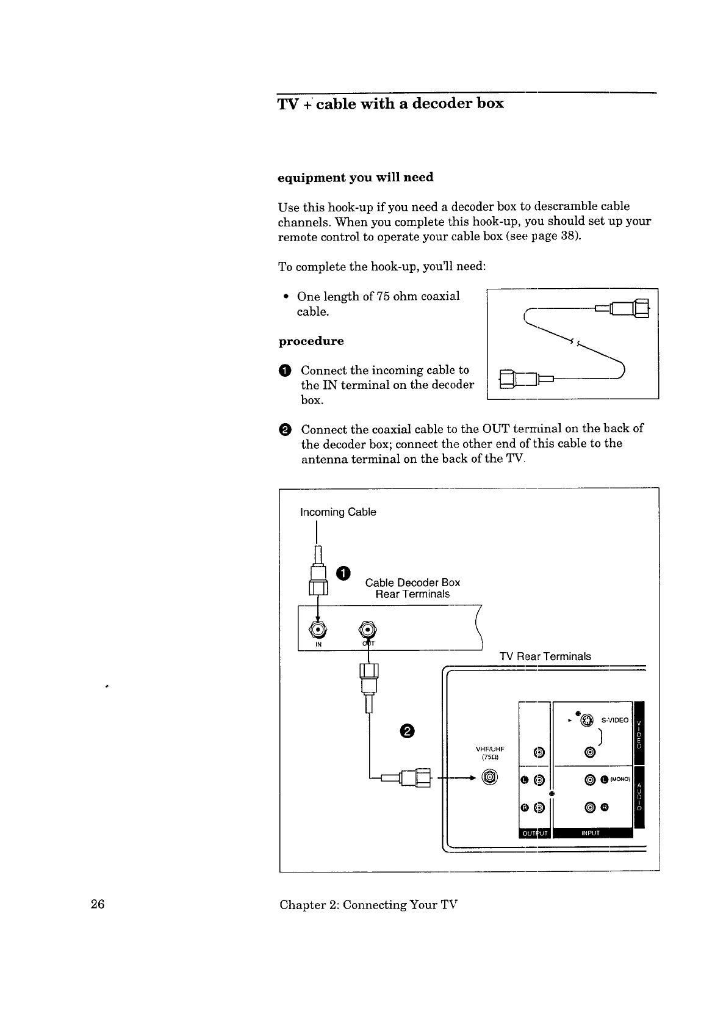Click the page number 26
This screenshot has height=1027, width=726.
pos(98,904)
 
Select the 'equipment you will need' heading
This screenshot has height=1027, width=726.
pos(356,178)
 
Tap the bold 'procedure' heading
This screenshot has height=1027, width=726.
pos(311,341)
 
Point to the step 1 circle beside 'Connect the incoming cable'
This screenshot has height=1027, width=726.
pos(284,371)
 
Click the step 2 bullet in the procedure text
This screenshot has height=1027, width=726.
pos(284,430)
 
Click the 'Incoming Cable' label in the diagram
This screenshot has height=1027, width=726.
pos(338,512)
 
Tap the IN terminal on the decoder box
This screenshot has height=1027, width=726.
pos(318,630)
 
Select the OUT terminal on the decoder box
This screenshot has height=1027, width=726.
pos(367,630)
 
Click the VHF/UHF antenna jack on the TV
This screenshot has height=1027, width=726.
pos(490,777)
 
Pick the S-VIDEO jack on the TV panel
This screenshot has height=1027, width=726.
pos(586,720)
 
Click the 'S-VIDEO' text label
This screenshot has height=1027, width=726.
pos(615,720)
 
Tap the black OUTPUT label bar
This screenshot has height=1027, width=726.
pos(534,833)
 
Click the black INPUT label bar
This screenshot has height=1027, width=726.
pos(593,833)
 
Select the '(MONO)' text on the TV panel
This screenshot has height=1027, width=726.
pos(620,779)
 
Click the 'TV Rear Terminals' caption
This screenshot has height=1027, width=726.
pos(545,656)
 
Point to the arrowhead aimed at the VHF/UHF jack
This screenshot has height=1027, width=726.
pos(472,778)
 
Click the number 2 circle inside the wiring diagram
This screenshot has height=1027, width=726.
pos(407,731)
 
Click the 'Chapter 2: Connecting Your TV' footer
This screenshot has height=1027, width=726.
pos(368,905)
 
